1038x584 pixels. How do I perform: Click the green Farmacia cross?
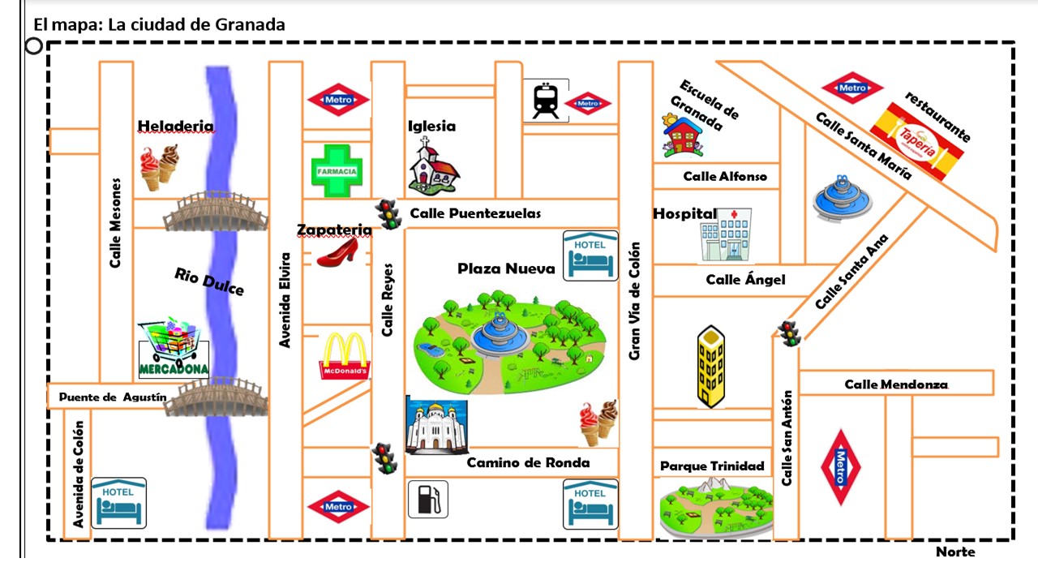tap(336, 170)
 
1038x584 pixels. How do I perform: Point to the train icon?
tap(545, 101)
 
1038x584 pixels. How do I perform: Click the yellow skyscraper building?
tap(710, 366)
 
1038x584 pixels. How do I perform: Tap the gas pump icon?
tap(427, 499)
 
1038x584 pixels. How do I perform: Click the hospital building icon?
tap(727, 234)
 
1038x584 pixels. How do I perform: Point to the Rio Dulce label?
tap(209, 281)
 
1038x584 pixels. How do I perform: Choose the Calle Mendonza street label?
tap(895, 384)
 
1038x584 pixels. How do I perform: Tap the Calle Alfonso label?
tap(724, 176)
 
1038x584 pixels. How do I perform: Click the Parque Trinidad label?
tap(712, 466)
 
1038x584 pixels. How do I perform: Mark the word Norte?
tap(955, 552)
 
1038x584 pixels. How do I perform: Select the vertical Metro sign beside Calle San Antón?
tap(840, 467)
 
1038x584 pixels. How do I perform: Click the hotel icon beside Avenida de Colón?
tap(118, 503)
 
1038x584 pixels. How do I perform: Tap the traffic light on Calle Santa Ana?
tap(788, 333)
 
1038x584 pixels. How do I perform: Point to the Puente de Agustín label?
tap(113, 397)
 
